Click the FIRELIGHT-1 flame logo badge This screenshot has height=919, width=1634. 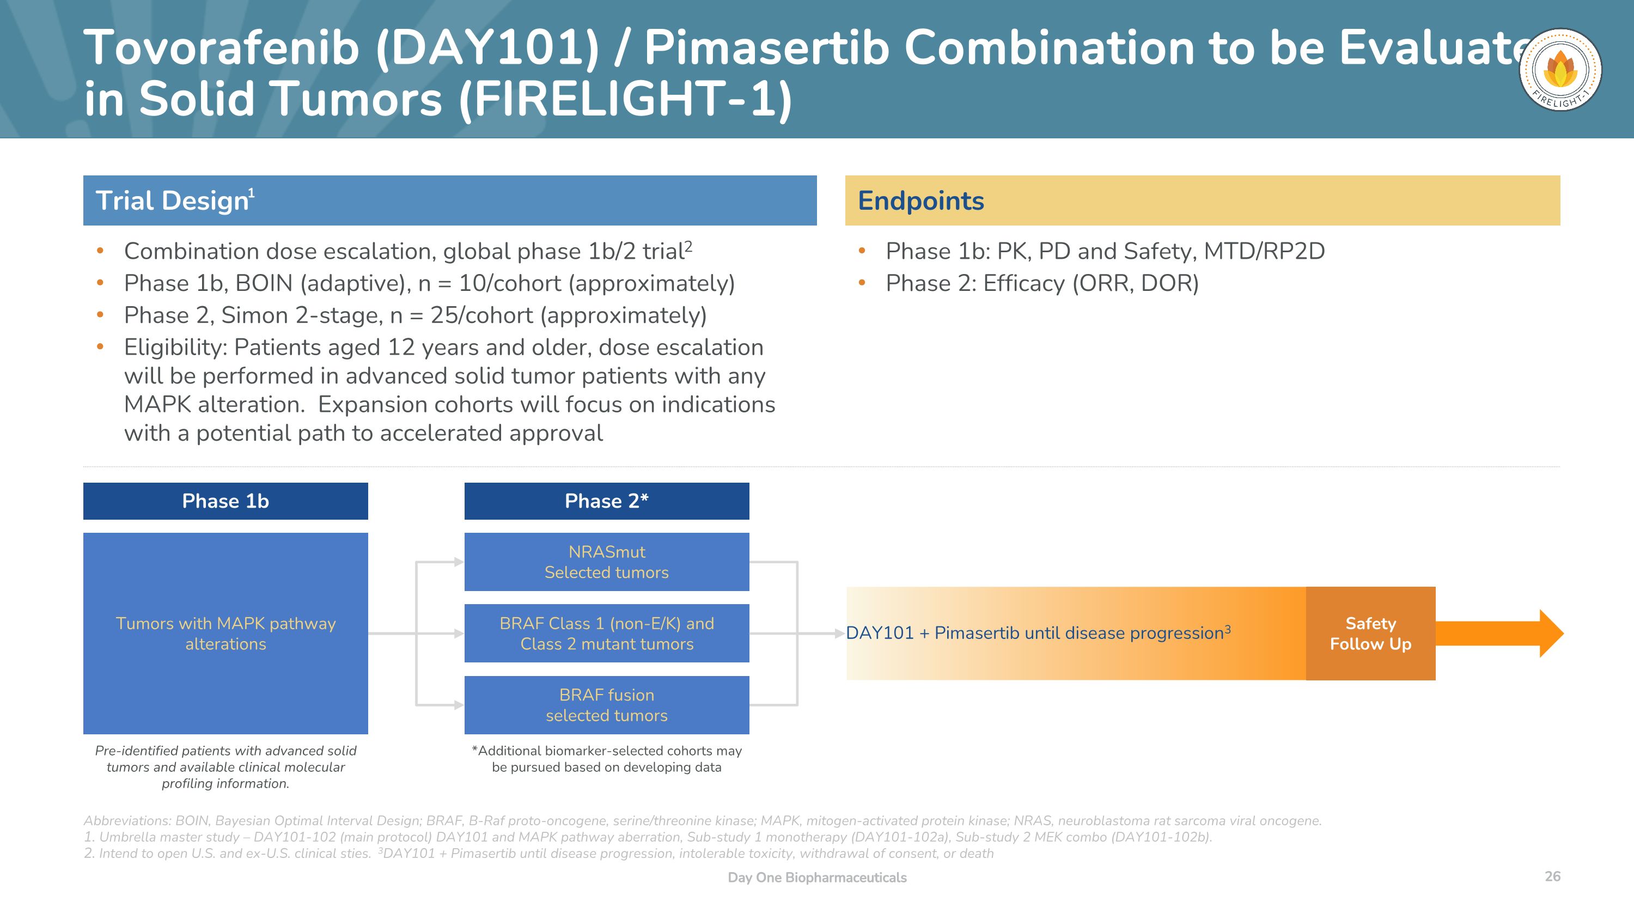(x=1560, y=70)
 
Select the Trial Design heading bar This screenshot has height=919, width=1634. (x=449, y=200)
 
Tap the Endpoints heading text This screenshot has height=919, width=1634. (x=920, y=201)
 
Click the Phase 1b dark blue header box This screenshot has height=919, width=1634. (x=225, y=501)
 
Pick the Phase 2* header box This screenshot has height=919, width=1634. (x=606, y=501)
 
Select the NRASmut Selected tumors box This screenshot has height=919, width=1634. (x=606, y=562)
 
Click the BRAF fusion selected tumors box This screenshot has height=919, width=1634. (x=606, y=704)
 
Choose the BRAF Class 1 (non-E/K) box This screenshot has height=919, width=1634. (x=606, y=633)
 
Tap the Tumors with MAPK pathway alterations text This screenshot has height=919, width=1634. (x=225, y=633)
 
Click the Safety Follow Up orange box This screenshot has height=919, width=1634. (x=1370, y=633)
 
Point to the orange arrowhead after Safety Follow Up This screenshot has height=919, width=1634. (x=1550, y=633)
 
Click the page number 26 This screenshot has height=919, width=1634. (x=1552, y=876)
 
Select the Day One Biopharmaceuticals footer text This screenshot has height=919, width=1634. (x=816, y=877)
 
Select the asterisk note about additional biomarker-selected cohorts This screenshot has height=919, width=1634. (x=606, y=758)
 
